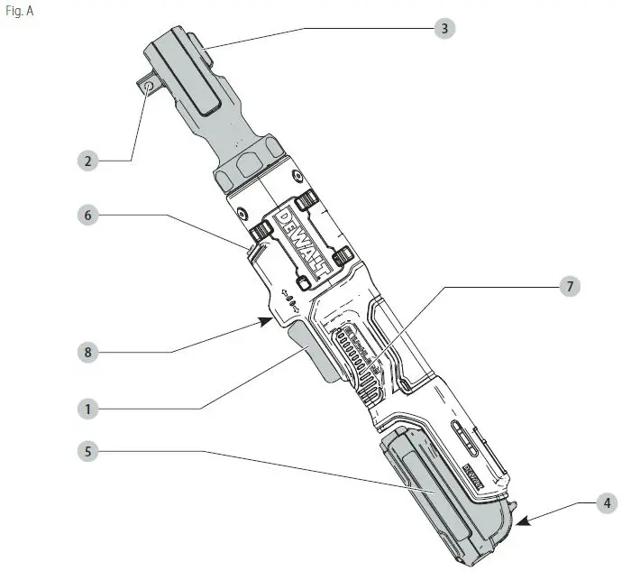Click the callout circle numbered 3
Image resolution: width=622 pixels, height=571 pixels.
pyautogui.click(x=443, y=29)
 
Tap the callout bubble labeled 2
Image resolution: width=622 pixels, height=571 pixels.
pyautogui.click(x=87, y=161)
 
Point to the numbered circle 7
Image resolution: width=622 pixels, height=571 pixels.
pyautogui.click(x=568, y=287)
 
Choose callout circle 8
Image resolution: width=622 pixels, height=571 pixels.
pyautogui.click(x=87, y=352)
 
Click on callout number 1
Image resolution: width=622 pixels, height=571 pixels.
pyautogui.click(x=87, y=409)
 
